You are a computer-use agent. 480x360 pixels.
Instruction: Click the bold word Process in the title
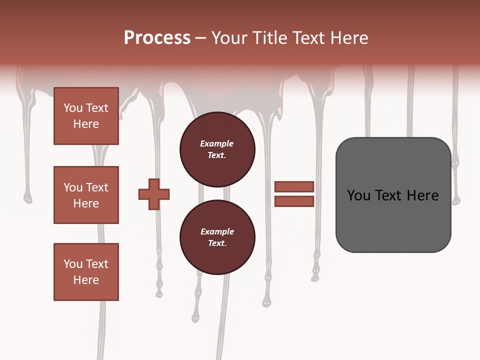(157, 38)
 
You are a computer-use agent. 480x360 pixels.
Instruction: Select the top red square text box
(86, 116)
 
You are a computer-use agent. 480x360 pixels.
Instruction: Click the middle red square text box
(86, 195)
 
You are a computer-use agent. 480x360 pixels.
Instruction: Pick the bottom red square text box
(86, 272)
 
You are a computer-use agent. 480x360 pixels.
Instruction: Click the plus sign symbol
(154, 194)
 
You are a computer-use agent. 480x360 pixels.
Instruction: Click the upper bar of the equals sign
(294, 186)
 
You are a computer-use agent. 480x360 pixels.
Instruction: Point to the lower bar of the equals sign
(294, 201)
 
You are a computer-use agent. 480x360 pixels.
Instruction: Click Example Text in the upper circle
(217, 149)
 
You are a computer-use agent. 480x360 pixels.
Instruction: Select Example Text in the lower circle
(217, 237)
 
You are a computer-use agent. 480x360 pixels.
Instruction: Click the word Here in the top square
(86, 124)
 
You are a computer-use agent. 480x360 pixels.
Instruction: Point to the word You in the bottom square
(73, 264)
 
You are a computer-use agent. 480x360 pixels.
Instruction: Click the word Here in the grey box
(422, 195)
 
